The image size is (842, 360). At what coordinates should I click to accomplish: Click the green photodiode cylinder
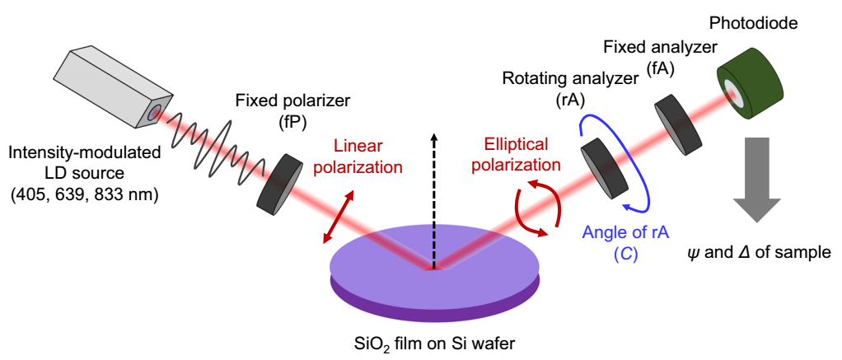click(x=751, y=81)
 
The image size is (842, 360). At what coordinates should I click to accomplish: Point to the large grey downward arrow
click(x=758, y=180)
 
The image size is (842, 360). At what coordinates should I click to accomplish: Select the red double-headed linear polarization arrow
click(x=339, y=218)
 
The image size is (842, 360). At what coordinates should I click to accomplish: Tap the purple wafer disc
click(x=434, y=274)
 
